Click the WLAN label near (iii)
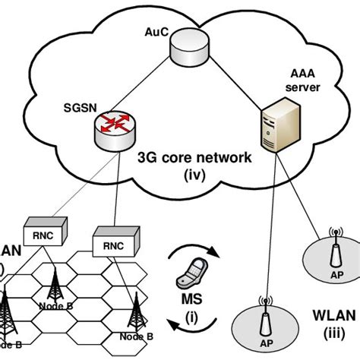pos(332,314)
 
